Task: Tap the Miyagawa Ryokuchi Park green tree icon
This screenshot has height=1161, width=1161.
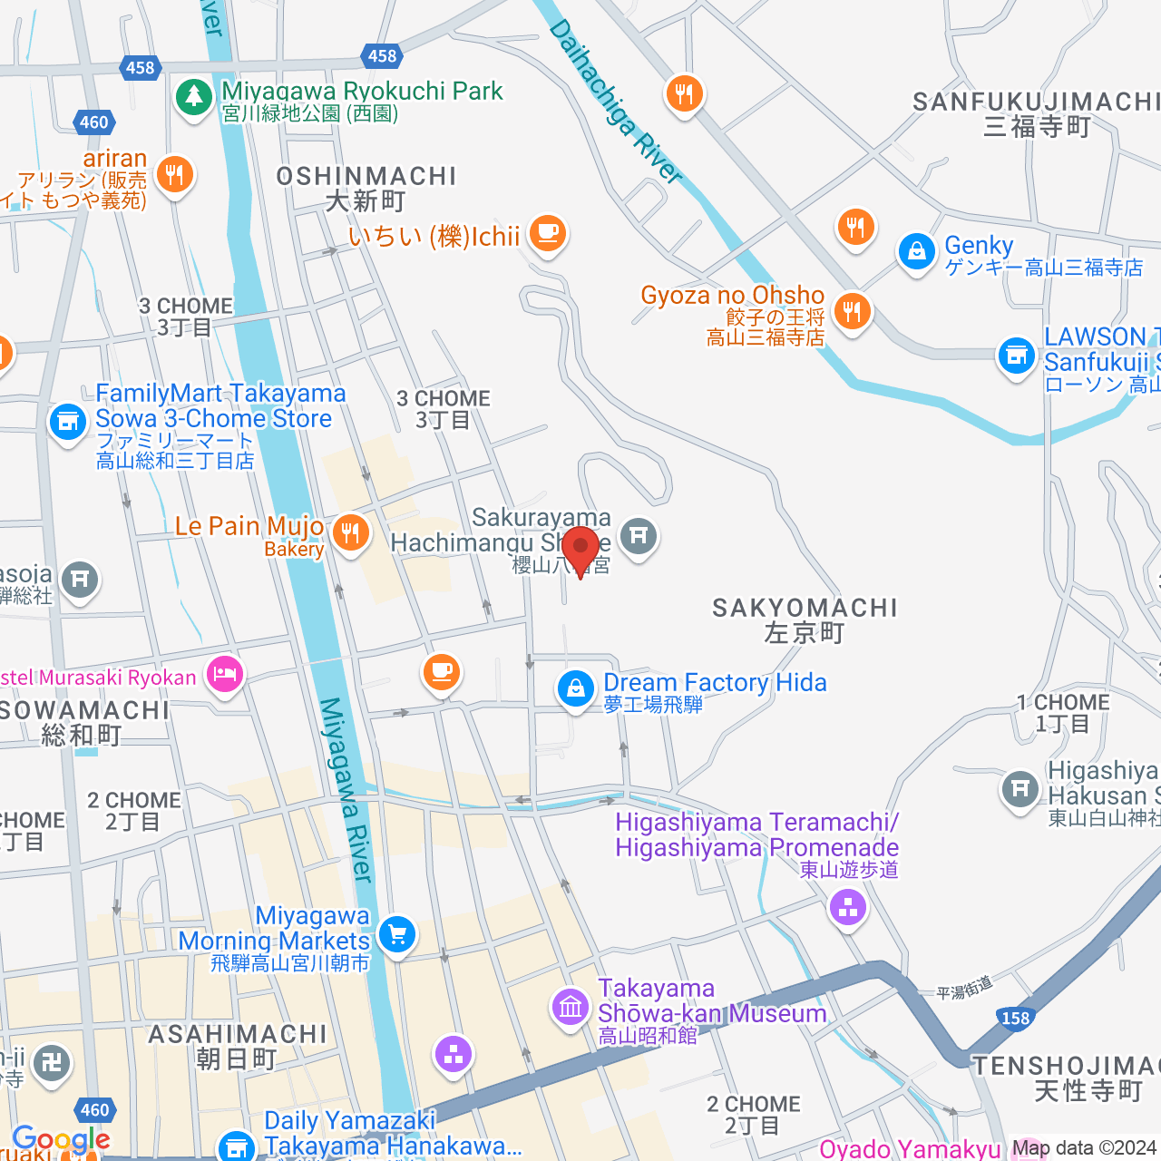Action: [193, 96]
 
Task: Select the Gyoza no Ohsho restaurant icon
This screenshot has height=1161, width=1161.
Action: [852, 311]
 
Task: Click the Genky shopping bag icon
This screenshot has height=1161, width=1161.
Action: [916, 251]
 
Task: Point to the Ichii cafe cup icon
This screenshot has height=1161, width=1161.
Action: [547, 233]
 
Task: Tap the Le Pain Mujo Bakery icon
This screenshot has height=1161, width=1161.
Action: [350, 532]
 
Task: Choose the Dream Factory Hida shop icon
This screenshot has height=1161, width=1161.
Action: [575, 688]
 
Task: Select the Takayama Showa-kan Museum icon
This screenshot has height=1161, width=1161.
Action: [571, 1006]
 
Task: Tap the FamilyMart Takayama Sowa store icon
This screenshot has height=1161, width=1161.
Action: [67, 421]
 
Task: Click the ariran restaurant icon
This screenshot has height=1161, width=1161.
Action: [175, 173]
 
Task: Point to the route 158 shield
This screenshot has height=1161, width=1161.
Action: [1015, 1018]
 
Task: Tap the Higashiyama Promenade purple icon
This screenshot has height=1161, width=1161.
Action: [848, 906]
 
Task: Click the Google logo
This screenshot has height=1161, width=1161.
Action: [61, 1139]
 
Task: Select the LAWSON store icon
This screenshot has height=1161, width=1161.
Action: [1016, 355]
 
